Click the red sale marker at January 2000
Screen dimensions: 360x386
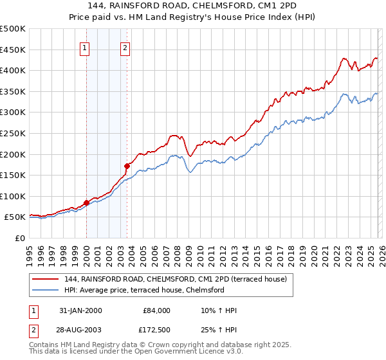(86, 203)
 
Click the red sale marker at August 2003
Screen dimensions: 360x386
(127, 166)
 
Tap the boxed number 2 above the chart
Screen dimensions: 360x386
(125, 46)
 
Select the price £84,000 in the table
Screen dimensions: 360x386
(156, 310)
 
